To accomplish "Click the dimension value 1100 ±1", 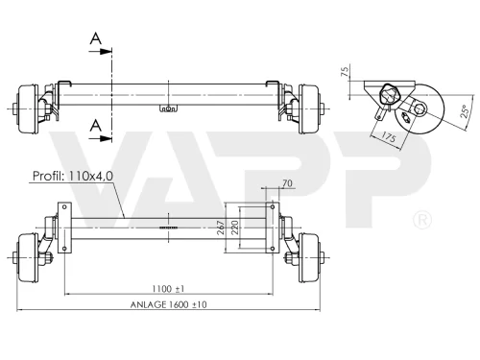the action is (168, 289).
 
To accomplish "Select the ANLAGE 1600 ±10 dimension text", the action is (168, 304).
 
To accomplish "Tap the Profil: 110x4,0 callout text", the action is (73, 176).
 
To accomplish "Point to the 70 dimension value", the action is (287, 183).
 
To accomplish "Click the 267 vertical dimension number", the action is (221, 228).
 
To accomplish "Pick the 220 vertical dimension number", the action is (235, 228).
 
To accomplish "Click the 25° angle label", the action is (466, 111).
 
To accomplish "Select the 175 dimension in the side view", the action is (389, 137).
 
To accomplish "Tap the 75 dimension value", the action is (345, 71).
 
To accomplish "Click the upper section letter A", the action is (95, 38).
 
